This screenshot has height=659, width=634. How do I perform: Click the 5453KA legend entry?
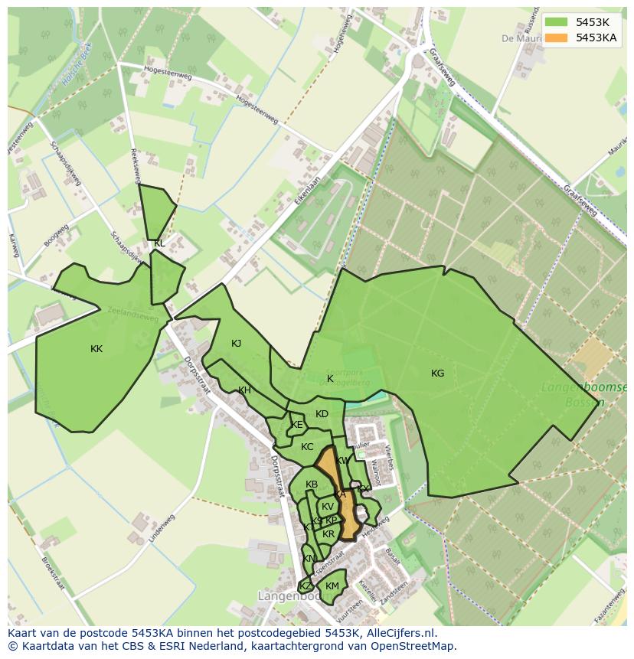click(596, 37)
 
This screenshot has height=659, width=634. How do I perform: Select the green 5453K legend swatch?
click(557, 22)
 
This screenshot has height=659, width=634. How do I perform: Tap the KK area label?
click(96, 349)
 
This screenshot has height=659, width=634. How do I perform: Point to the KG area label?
click(437, 374)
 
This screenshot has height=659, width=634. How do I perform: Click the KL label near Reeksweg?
click(159, 243)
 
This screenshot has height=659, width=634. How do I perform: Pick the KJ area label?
click(236, 344)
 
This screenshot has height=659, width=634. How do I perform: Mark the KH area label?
click(244, 390)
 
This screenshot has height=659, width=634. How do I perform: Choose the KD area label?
click(322, 414)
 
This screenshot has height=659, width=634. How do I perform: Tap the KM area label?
click(332, 586)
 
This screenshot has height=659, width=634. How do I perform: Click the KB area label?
click(312, 484)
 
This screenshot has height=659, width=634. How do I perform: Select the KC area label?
click(307, 447)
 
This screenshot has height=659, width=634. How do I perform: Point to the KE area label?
click(297, 425)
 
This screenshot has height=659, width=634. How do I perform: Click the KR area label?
click(328, 533)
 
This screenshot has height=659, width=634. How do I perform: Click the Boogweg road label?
click(56, 236)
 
